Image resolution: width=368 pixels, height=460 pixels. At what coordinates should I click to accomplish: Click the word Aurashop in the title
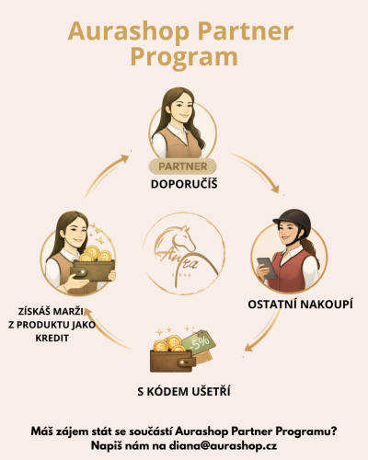(129, 30)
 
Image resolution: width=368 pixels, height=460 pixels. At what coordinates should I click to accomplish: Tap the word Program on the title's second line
(184, 58)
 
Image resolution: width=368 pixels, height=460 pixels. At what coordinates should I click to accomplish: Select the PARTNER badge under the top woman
(183, 167)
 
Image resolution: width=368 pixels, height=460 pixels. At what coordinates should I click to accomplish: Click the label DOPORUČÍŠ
(184, 184)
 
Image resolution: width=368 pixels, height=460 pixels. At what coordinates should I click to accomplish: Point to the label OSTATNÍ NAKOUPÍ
(300, 305)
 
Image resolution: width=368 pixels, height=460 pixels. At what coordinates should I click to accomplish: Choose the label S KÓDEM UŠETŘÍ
(184, 392)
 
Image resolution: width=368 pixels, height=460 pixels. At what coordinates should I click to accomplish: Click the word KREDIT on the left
(52, 338)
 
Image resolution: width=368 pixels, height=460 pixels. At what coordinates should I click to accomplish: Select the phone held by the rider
(267, 268)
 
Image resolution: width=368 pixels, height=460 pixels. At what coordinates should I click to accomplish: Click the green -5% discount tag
(201, 343)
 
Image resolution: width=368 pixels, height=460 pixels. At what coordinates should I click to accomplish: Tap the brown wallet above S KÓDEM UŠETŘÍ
(172, 361)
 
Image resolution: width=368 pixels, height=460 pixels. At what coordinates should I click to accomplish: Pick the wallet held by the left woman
(92, 270)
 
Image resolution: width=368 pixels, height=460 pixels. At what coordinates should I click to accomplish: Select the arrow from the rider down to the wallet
(266, 332)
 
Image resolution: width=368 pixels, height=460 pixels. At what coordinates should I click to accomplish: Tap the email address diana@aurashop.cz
(223, 445)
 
